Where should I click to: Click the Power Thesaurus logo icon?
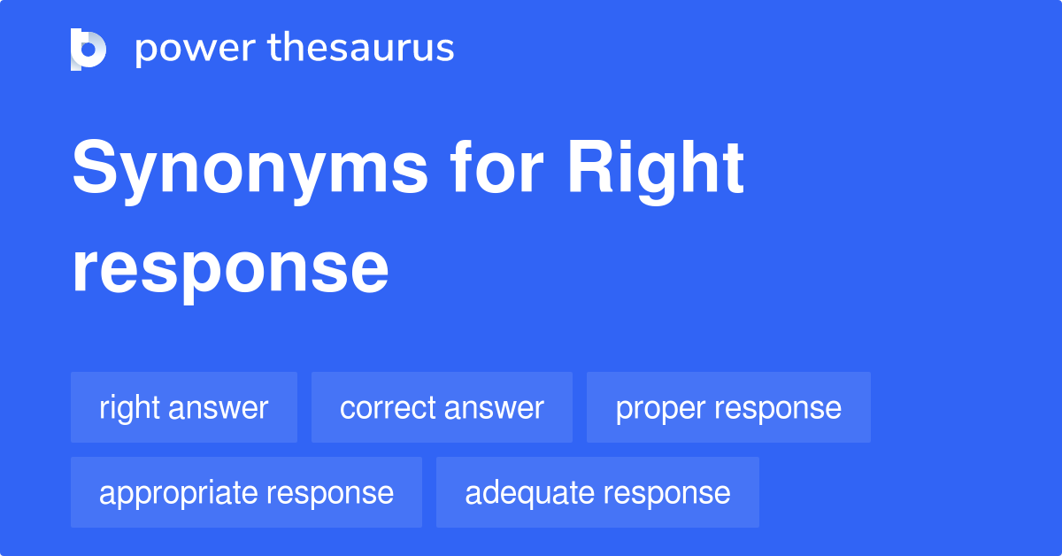click(x=88, y=49)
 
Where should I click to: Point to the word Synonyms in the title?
click(x=249, y=170)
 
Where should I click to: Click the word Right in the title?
click(x=655, y=170)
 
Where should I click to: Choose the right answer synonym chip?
click(x=184, y=408)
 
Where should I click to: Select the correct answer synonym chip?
click(x=442, y=408)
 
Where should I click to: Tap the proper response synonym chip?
click(x=728, y=408)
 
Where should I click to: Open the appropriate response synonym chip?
click(x=246, y=493)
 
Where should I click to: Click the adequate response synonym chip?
click(x=597, y=493)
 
